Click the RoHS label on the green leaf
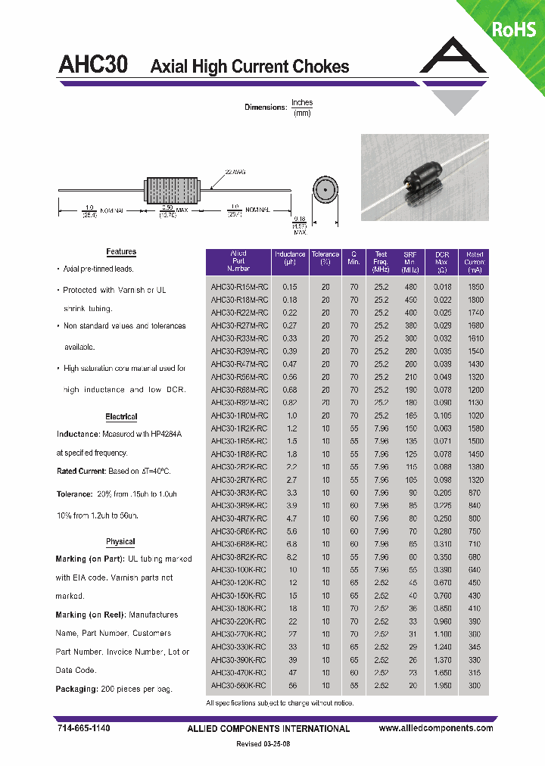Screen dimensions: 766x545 pyautogui.click(x=513, y=30)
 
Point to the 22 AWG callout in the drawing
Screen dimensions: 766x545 pyautogui.click(x=234, y=173)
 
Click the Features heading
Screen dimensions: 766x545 pyautogui.click(x=121, y=251)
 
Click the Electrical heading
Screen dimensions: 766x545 pyautogui.click(x=121, y=416)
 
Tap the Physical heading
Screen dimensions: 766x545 pyautogui.click(x=120, y=541)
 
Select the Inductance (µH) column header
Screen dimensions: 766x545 pyautogui.click(x=290, y=261)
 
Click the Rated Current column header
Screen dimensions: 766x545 pyautogui.click(x=475, y=262)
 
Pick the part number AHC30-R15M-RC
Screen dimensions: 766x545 pyautogui.click(x=238, y=288)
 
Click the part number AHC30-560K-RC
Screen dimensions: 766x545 pyautogui.click(x=238, y=685)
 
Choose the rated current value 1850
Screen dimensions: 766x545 pyautogui.click(x=475, y=288)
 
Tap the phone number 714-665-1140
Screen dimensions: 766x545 pyautogui.click(x=84, y=728)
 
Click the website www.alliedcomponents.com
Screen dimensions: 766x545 pyautogui.click(x=435, y=728)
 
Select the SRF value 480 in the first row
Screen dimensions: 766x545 pyautogui.click(x=410, y=288)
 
